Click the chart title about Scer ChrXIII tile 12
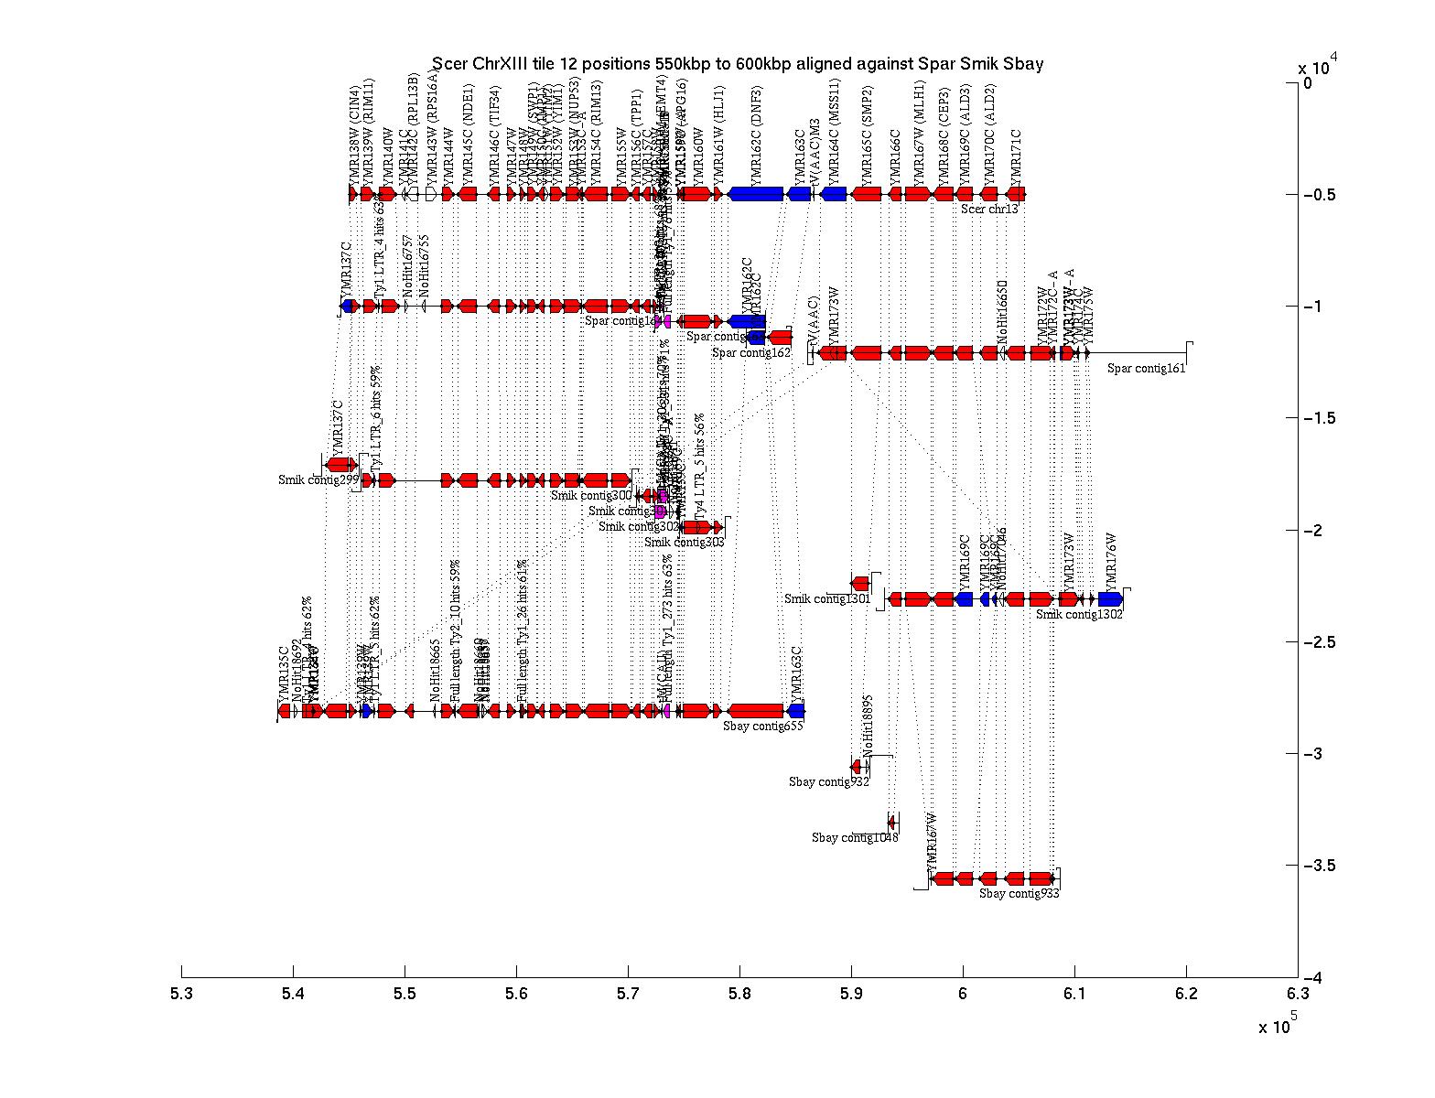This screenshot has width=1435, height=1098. tap(738, 64)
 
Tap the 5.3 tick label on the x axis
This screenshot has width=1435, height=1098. tap(181, 995)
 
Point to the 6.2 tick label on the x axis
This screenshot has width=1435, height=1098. tap(1186, 995)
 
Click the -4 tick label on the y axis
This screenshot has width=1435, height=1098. tap(1316, 978)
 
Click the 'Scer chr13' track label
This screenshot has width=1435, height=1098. tap(989, 209)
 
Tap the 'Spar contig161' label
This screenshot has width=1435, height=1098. tap(1146, 369)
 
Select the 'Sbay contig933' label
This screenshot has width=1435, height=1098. tap(1019, 894)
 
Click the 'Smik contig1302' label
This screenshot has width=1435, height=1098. tap(1079, 615)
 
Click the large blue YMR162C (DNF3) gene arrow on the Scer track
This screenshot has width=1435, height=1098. tap(756, 194)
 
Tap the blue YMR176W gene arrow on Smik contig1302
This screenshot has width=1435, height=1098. tap(1110, 599)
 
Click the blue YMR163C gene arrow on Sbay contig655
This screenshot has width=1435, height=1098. tap(796, 711)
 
